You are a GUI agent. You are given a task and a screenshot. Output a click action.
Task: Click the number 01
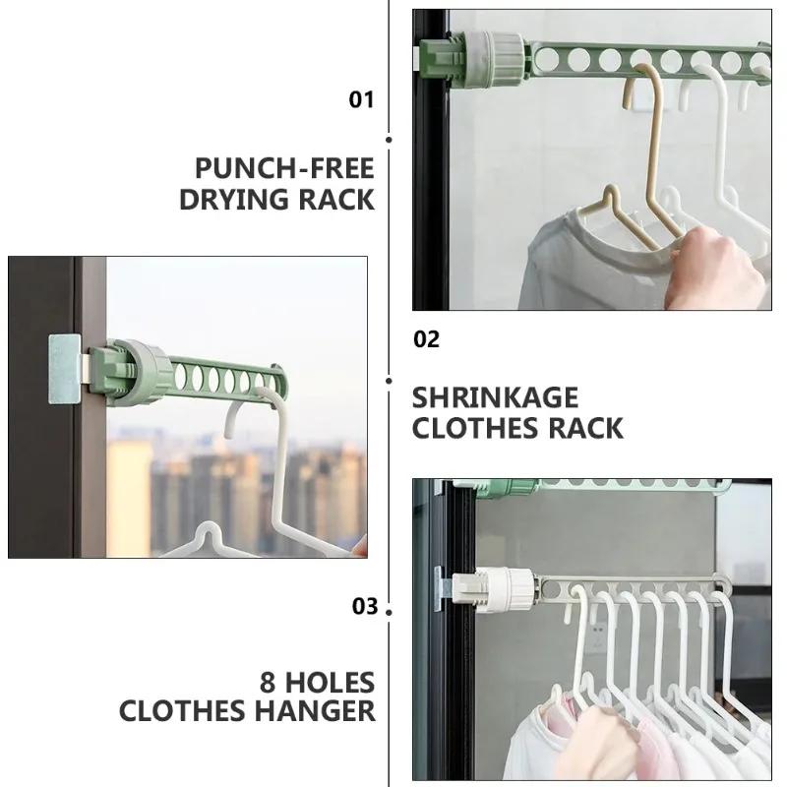[x=362, y=99]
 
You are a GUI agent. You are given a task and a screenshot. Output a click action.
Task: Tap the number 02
[x=426, y=339]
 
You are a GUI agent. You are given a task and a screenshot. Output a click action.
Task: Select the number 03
[x=365, y=606]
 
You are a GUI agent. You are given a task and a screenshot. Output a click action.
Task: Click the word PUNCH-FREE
[x=284, y=167]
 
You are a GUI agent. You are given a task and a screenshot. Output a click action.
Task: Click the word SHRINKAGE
[x=495, y=397]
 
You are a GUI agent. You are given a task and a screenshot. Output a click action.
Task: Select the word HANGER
[x=319, y=711]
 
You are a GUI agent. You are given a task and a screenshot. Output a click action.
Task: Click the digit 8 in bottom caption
[x=270, y=681]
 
